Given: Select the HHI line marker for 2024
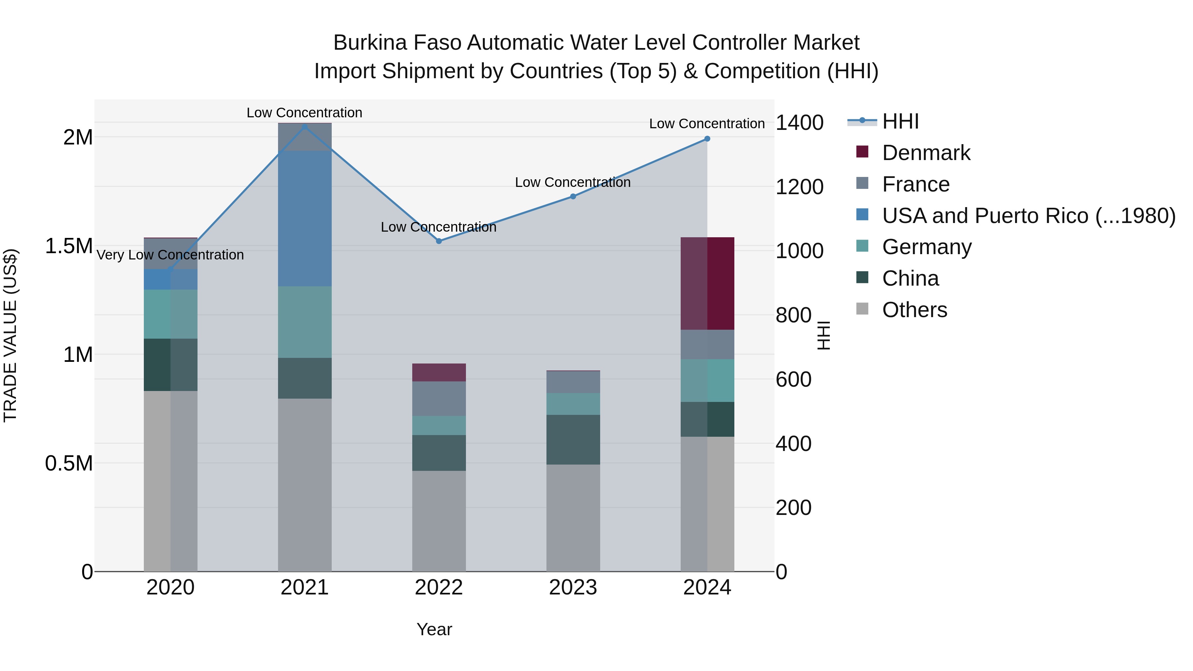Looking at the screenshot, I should point(707,139).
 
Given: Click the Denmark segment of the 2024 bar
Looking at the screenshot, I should point(707,283).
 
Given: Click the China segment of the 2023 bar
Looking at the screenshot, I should point(573,439).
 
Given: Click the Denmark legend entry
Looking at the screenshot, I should point(926,153).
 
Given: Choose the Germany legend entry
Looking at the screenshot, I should point(927,247).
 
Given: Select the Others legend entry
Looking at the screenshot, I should point(915,310).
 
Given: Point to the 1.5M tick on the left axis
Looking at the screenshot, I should point(69,246).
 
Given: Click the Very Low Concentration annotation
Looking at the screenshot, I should point(170,255).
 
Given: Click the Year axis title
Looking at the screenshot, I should point(434,629).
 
